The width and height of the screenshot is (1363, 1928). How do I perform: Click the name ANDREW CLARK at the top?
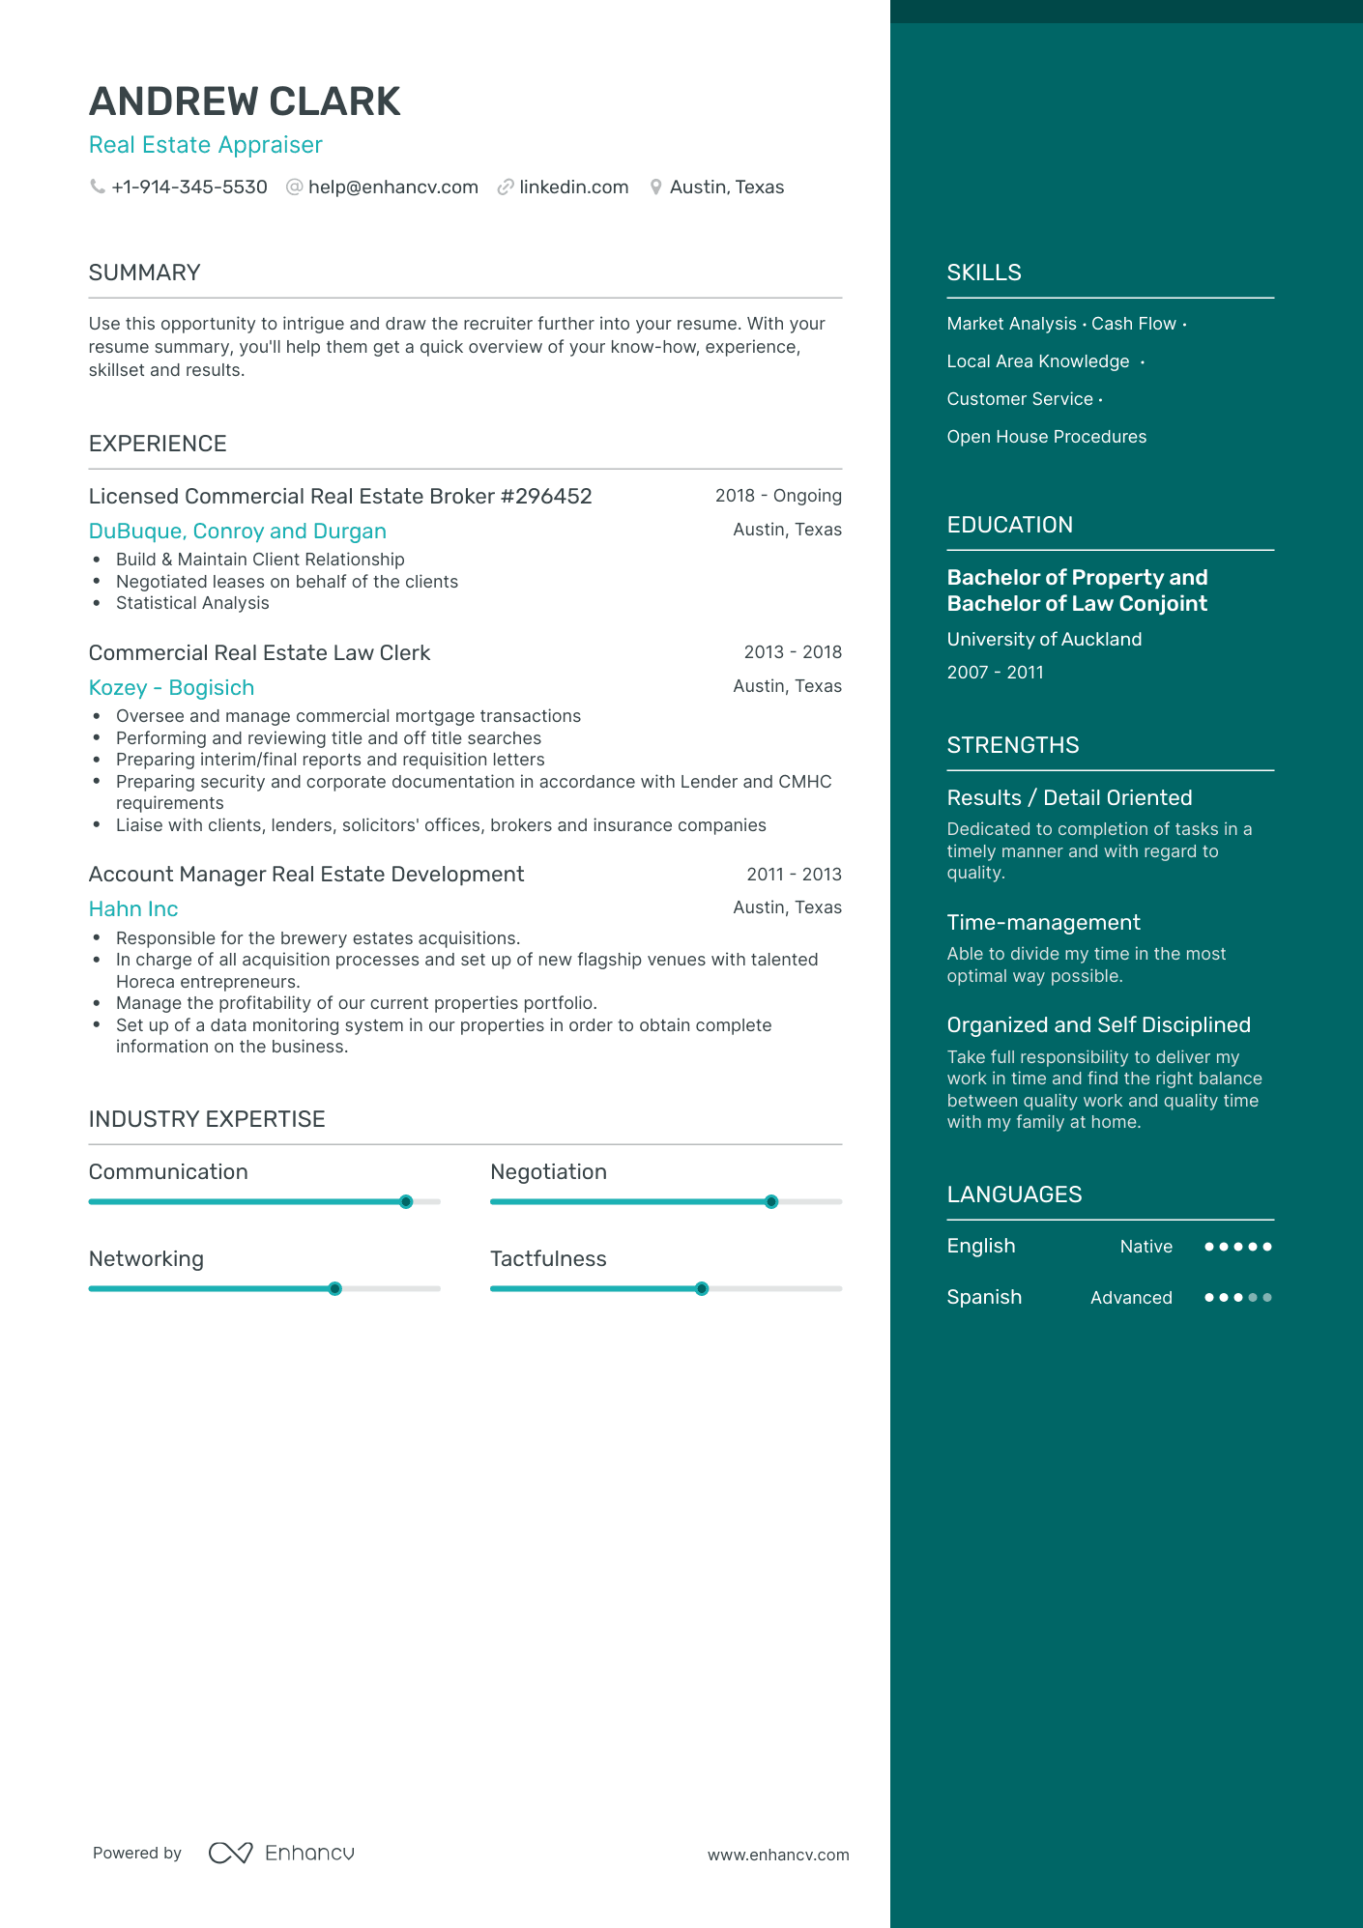tap(245, 102)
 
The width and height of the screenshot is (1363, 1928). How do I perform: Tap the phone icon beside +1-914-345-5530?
tap(98, 187)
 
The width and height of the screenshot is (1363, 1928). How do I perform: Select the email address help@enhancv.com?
tap(392, 187)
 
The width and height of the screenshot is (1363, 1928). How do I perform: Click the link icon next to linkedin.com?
tap(505, 187)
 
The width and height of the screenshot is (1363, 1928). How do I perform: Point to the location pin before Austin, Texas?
tap(655, 187)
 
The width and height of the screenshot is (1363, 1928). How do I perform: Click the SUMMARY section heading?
tap(145, 273)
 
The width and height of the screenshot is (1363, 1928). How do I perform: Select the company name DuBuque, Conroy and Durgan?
tap(238, 532)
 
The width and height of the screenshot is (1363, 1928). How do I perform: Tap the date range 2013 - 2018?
tap(793, 652)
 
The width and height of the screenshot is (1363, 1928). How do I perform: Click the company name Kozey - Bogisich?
tap(171, 688)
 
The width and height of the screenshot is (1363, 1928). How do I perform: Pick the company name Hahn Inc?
tap(133, 909)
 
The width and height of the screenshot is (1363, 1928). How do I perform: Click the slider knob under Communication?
tap(406, 1202)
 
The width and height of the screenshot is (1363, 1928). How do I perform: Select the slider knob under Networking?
tap(334, 1289)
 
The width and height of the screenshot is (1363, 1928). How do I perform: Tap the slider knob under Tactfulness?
tap(702, 1289)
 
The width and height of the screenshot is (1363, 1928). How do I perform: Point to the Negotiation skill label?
tap(548, 1172)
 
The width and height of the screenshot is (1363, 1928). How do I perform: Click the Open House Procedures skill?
tap(1047, 437)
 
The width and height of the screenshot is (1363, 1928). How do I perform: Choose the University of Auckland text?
tap(1044, 640)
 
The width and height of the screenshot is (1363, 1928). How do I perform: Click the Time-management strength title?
tap(1043, 923)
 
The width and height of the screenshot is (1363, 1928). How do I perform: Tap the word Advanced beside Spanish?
tap(1131, 1298)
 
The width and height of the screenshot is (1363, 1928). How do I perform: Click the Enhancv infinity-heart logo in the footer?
tap(231, 1853)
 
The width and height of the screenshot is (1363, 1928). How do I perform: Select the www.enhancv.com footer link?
tap(778, 1856)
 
